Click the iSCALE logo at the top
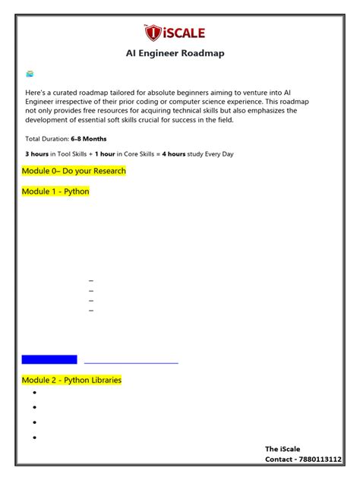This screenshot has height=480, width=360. point(174,32)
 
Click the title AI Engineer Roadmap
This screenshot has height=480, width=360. point(175,53)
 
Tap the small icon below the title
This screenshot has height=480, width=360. point(30,74)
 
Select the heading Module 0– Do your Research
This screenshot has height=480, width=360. point(74,171)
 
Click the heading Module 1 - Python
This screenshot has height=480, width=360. point(55,191)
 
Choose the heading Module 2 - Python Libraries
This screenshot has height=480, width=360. point(71,380)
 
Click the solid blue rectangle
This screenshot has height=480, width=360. point(49,359)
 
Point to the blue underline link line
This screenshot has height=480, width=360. point(131,363)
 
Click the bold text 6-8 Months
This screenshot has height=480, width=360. point(89,139)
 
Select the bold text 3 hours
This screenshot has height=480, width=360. point(37,154)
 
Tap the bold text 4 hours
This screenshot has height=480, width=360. point(174,154)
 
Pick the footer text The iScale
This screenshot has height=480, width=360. point(283,449)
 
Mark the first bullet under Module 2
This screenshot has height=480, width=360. point(35,393)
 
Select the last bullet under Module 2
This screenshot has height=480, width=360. point(35,437)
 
